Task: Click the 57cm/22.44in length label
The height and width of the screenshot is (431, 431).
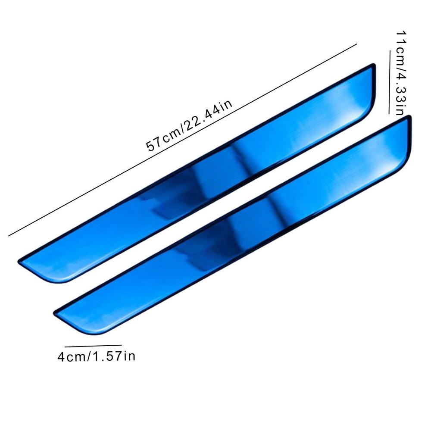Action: point(190,125)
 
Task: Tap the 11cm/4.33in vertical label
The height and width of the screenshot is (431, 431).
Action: point(399,73)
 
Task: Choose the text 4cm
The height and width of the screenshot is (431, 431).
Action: point(72,357)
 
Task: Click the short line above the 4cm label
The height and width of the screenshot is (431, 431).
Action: point(93,345)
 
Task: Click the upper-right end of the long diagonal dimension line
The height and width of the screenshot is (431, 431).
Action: point(357,44)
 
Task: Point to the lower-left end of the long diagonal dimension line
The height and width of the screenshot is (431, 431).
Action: point(9,235)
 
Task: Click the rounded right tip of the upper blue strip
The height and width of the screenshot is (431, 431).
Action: point(372,86)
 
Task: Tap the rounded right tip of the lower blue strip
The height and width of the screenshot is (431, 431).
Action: point(407,138)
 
